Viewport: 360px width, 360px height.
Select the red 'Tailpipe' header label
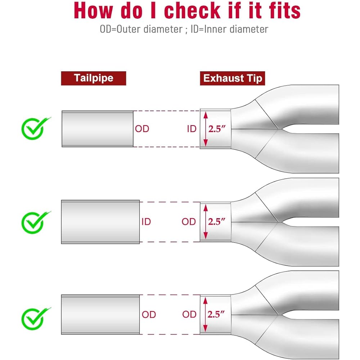[x=94, y=78]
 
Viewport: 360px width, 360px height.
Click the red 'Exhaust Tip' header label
[x=232, y=78]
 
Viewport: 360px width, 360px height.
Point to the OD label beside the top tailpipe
[x=142, y=129]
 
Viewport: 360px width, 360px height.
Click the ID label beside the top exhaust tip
[x=192, y=129]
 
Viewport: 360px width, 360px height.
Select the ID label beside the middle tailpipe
[x=146, y=221]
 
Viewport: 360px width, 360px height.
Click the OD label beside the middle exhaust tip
[x=189, y=221]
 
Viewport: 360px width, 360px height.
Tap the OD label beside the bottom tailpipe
[x=149, y=314]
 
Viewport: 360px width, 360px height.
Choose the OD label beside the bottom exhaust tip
[x=189, y=314]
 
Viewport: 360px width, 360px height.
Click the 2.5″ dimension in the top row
[x=217, y=129]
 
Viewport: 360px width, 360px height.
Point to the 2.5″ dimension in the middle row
[x=217, y=221]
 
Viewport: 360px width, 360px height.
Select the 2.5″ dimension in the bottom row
[x=216, y=314]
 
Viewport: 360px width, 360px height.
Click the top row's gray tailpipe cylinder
[x=98, y=129]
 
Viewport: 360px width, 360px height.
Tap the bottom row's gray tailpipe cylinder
[x=100, y=314]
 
